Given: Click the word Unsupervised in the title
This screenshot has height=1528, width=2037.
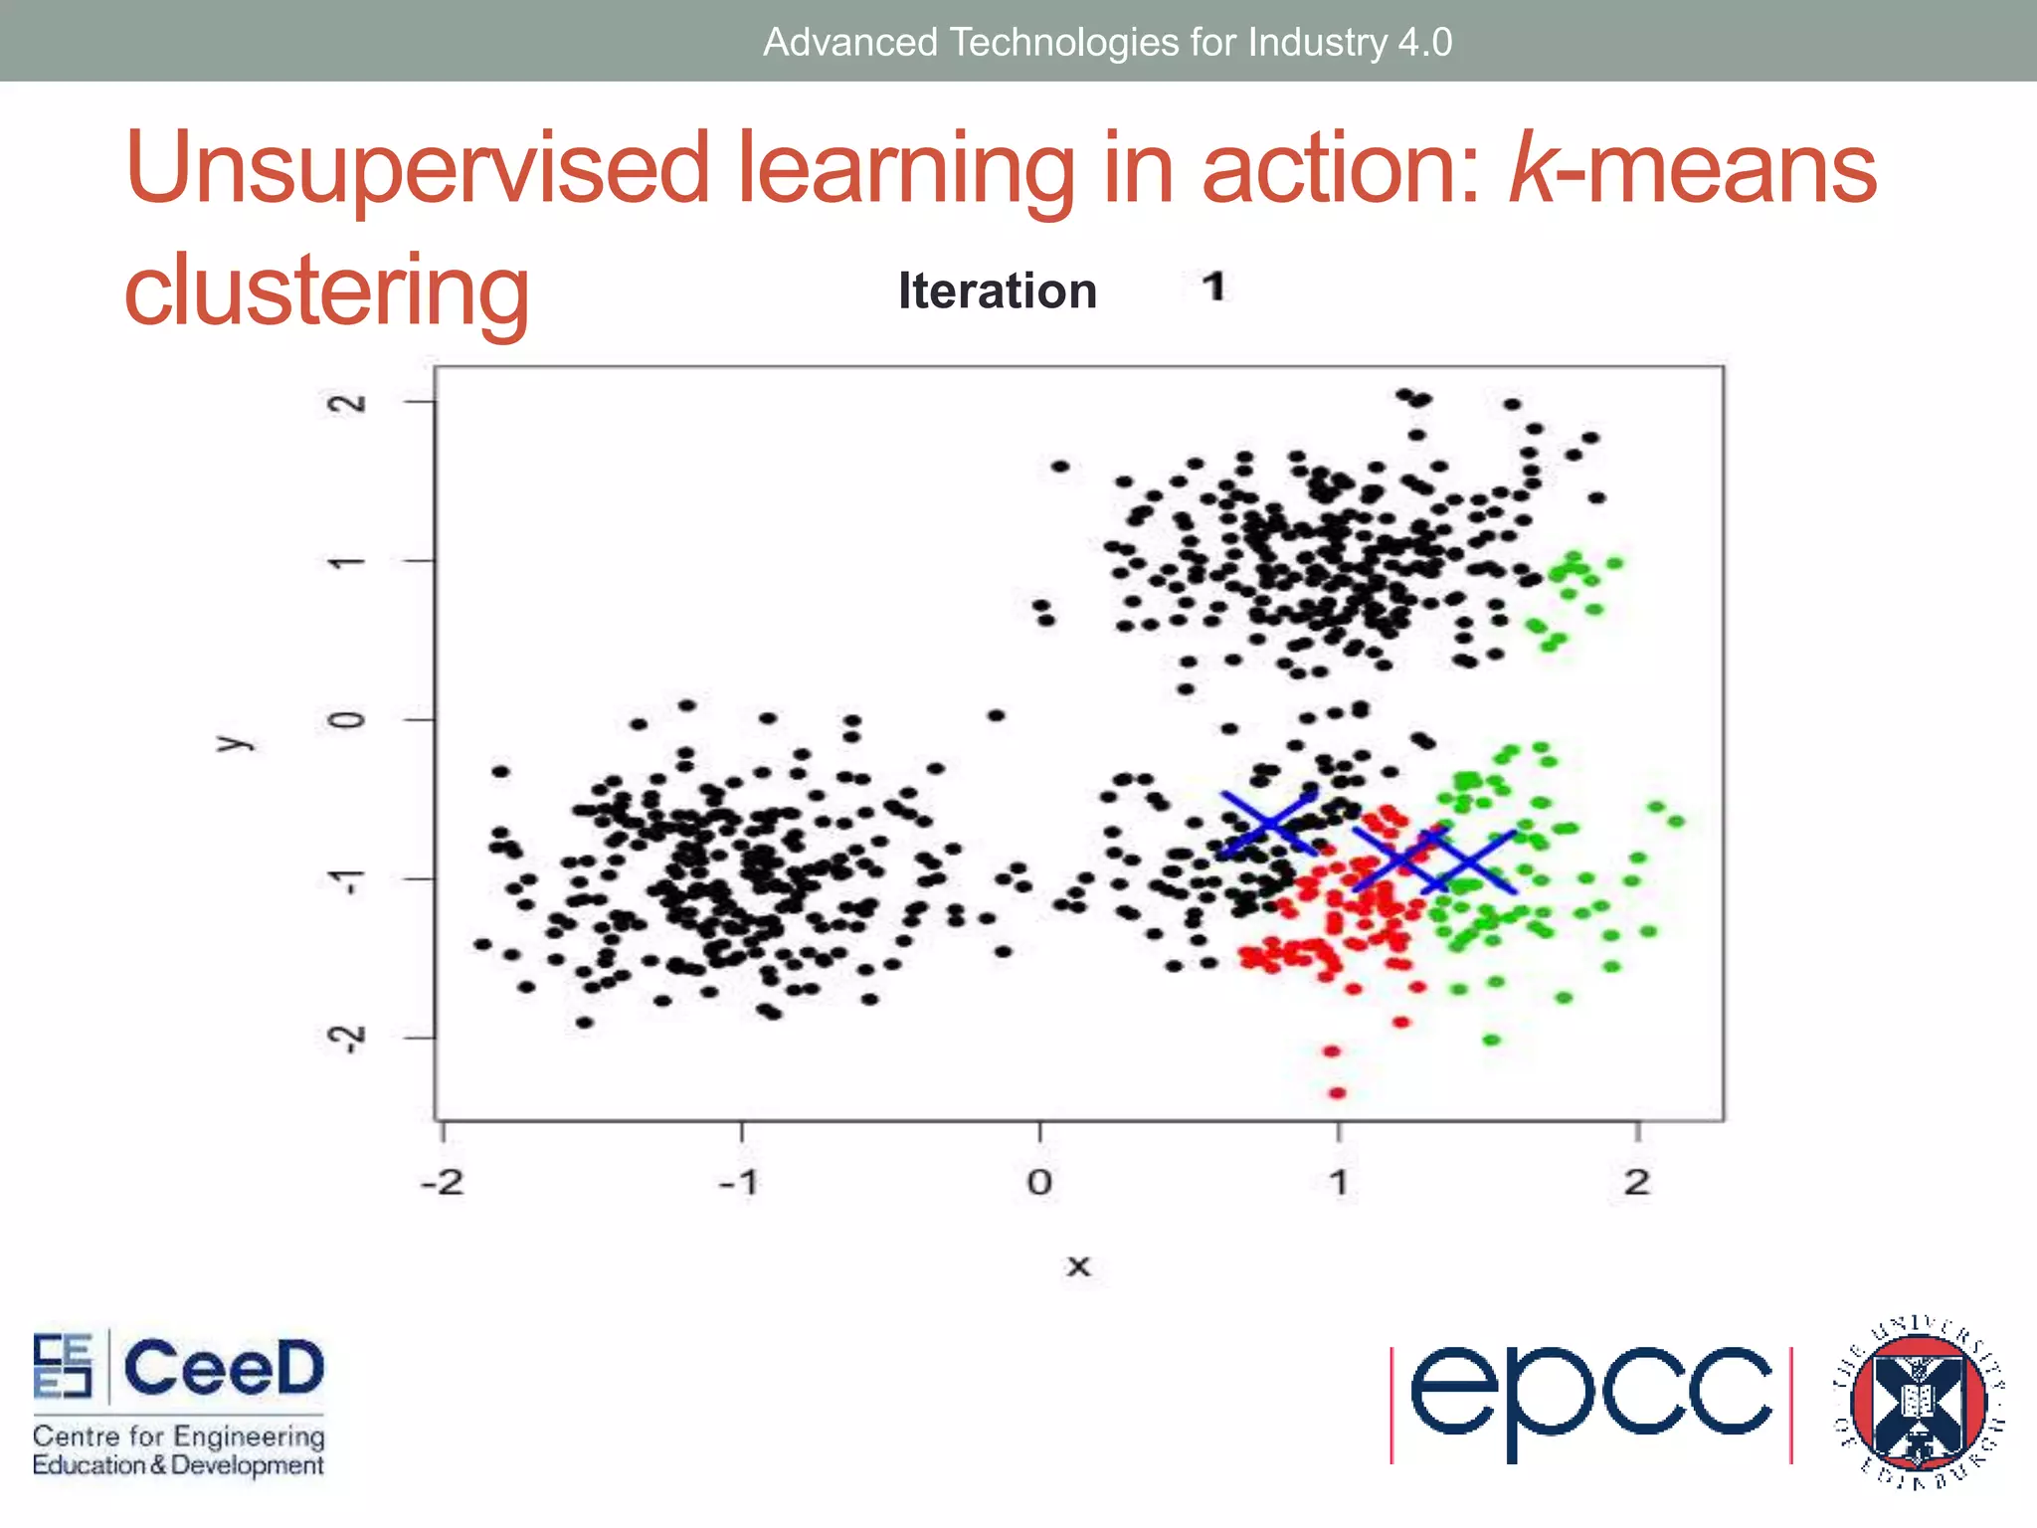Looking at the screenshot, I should coord(418,169).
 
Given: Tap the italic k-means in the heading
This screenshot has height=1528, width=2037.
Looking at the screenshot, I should coord(1691,169).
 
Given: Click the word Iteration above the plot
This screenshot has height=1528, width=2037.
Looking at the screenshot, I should coord(997,291).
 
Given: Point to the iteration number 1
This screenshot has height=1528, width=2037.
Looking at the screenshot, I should coord(1212,288).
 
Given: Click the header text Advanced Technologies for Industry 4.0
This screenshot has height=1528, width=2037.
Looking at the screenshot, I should coord(1107,42).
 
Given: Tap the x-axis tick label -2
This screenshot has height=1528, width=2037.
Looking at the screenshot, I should coord(442,1183).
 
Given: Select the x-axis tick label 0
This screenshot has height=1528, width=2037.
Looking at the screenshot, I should coord(1039,1183).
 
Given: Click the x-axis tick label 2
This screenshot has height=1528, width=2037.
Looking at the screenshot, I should coord(1637,1183).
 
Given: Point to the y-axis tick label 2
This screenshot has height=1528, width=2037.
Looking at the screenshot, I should coord(347,403).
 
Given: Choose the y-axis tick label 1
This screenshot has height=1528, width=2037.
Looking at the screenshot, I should coord(347,563).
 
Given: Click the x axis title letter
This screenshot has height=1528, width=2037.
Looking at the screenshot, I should coord(1078,1267).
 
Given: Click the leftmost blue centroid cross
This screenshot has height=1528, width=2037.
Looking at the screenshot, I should coord(1270,824).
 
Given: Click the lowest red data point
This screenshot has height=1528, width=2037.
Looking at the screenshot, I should coord(1338,1093).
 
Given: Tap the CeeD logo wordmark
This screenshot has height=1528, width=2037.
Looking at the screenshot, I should coord(224,1368).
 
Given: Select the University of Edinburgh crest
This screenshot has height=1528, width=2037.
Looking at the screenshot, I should coord(1918,1403).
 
